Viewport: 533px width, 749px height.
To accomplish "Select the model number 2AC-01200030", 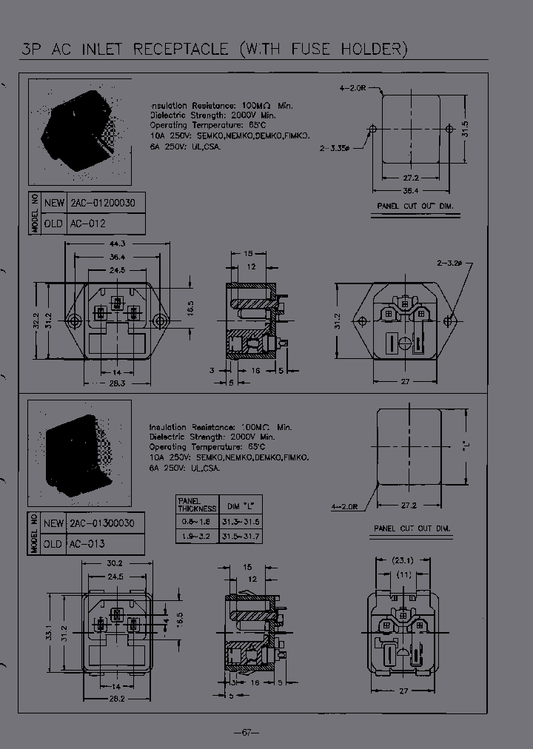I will click(105, 203).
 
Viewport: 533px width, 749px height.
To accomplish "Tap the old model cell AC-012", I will click(87, 223).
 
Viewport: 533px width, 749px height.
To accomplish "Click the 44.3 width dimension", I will click(116, 243).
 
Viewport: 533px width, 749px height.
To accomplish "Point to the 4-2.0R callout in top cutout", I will click(353, 87).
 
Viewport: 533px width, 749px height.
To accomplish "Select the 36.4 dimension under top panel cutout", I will click(411, 190).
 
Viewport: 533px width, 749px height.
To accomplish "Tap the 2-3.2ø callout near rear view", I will click(449, 262).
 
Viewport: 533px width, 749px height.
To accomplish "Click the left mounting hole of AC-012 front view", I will click(73, 320).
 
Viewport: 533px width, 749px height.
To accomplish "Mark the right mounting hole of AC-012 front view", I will click(158, 320).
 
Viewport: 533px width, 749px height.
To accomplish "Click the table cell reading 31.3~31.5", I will click(241, 523).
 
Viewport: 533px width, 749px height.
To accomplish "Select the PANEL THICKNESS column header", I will click(197, 506).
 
